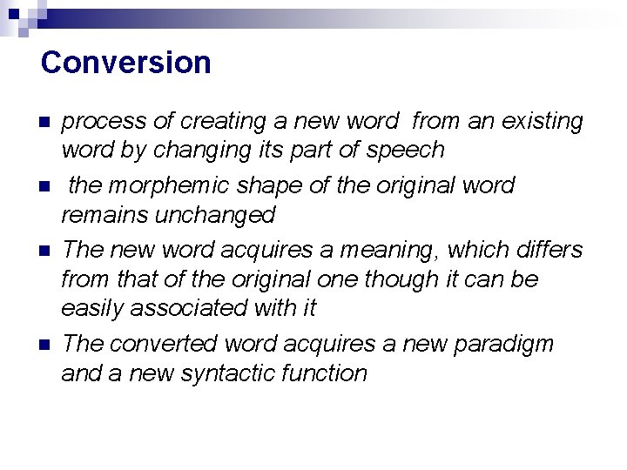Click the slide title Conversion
point(125,63)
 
